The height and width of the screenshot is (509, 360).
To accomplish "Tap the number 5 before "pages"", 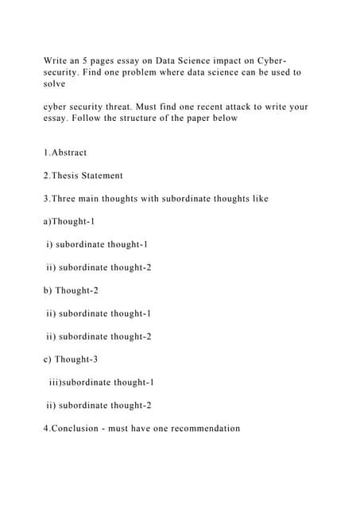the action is click(x=97, y=60).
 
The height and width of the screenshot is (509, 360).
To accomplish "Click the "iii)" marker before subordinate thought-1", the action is click(x=54, y=383).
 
